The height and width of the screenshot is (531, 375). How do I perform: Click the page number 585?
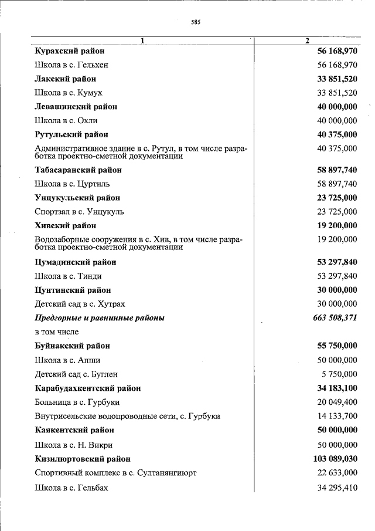click(x=196, y=23)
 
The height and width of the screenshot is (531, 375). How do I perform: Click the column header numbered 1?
click(x=142, y=40)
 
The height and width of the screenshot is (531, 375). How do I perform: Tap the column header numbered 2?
click(x=307, y=40)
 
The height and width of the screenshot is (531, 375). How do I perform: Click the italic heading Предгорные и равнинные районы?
click(x=100, y=318)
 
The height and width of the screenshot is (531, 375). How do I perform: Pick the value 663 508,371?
click(x=332, y=318)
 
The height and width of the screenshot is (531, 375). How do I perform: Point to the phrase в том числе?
click(x=57, y=332)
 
